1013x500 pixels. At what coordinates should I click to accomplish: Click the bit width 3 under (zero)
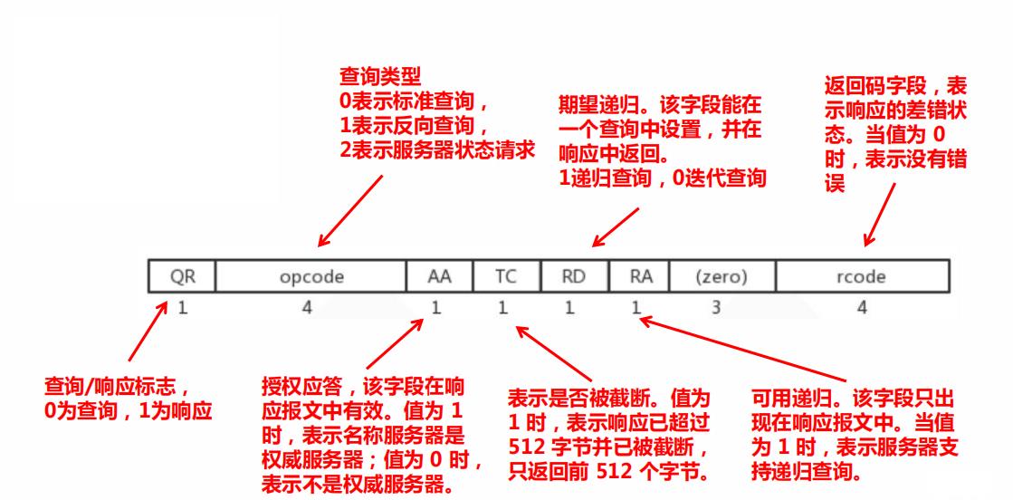[x=715, y=308]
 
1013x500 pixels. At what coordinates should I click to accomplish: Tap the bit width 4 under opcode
[x=306, y=308]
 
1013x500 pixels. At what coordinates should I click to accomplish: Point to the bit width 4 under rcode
[x=862, y=308]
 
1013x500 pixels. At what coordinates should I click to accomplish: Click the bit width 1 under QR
[x=181, y=308]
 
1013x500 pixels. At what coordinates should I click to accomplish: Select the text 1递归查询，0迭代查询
[x=663, y=179]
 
